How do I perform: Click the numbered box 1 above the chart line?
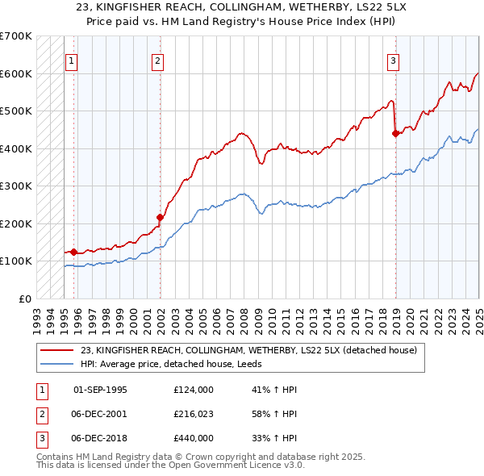72,61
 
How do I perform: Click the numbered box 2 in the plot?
158,61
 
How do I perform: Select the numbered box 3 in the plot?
393,61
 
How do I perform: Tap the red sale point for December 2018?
395,134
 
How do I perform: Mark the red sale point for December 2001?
160,217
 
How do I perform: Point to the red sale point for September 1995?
73,252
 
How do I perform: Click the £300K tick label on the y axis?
15,186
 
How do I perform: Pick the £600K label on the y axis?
15,74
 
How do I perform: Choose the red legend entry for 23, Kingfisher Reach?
248,350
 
